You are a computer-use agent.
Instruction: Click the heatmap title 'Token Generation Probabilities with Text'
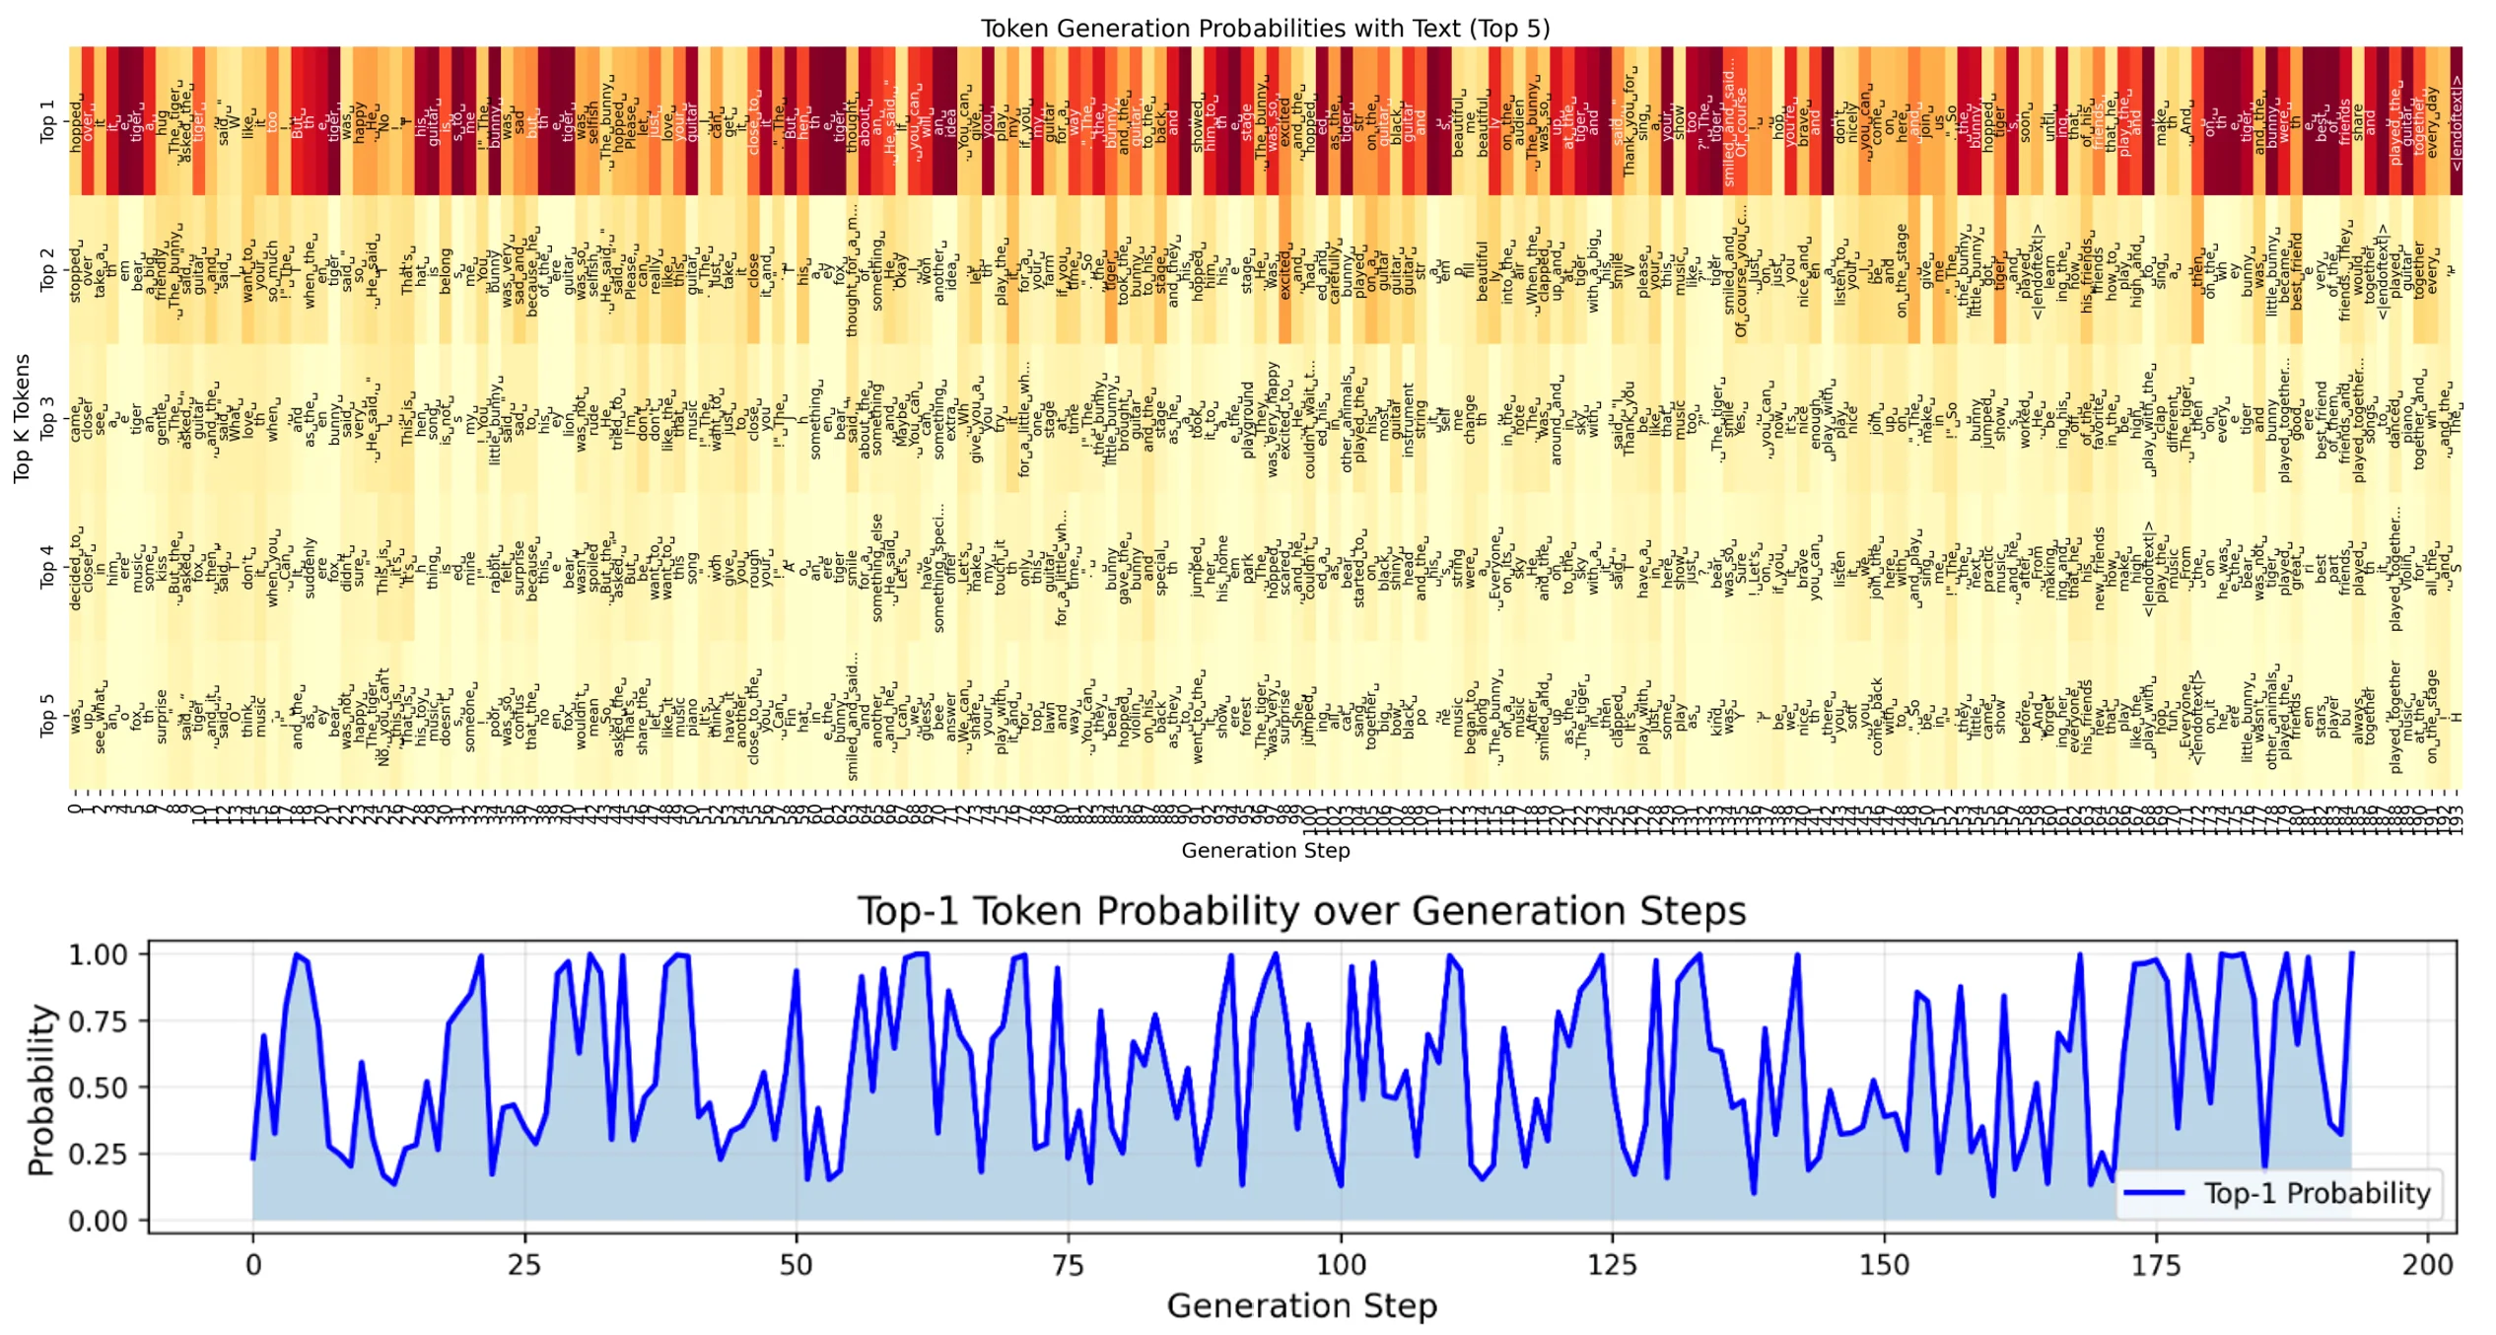coord(1265,28)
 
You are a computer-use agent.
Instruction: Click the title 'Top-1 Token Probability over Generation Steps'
coord(1301,910)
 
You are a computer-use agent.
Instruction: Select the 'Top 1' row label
coord(46,121)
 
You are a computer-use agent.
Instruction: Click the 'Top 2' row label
coord(46,269)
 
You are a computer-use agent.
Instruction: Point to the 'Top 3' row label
coord(46,418)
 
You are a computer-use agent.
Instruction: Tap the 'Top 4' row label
coord(46,567)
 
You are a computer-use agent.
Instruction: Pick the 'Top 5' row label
coord(46,715)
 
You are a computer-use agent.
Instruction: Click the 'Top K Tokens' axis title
coord(22,418)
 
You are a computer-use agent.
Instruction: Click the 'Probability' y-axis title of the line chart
coord(40,1089)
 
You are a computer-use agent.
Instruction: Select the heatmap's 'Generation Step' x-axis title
coord(1265,850)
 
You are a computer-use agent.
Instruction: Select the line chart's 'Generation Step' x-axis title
coord(1301,1305)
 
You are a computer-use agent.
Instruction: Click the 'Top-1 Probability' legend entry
coord(2317,1193)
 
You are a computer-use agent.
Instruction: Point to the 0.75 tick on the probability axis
coord(98,1020)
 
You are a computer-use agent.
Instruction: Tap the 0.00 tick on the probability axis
coord(98,1221)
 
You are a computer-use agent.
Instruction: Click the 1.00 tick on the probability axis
coord(98,954)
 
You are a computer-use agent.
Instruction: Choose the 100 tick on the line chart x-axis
coord(1341,1264)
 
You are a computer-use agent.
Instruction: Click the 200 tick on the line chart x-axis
coord(2428,1264)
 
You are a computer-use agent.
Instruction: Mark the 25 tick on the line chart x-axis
coord(524,1264)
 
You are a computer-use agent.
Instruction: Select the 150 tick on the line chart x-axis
coord(1884,1264)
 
